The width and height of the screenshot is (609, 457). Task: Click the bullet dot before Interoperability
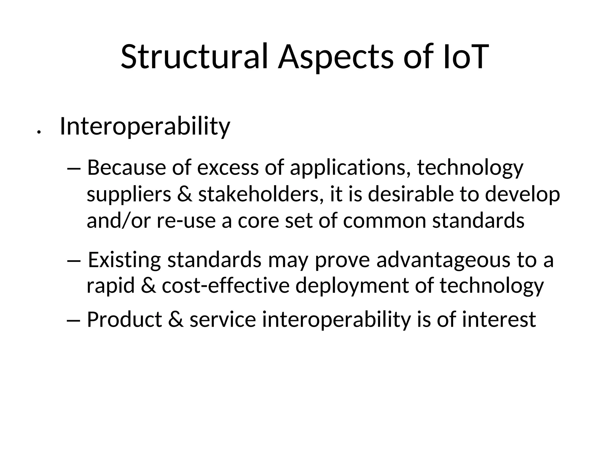point(38,132)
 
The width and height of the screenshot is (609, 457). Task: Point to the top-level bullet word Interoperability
point(145,127)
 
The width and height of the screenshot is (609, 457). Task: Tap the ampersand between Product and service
point(175,320)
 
